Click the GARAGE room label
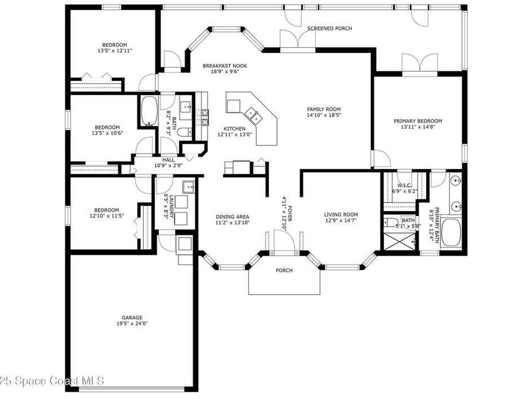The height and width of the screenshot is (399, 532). [x=132, y=317]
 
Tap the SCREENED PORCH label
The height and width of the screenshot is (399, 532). [x=329, y=29]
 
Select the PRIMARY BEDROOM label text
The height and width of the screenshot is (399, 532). [x=418, y=121]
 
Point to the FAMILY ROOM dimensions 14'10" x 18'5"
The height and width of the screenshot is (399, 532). [x=324, y=115]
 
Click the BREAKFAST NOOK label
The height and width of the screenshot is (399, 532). [x=225, y=66]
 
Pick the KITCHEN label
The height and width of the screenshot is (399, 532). [x=234, y=129]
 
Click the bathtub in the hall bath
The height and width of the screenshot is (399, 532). [x=149, y=111]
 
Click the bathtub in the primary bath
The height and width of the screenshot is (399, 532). [x=450, y=233]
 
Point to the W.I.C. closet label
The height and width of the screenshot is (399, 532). [x=404, y=185]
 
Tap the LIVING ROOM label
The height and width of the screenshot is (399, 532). [x=341, y=215]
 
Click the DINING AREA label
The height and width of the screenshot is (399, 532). [x=232, y=217]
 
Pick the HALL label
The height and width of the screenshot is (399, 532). [x=168, y=160]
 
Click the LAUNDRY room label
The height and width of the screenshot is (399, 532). [x=171, y=206]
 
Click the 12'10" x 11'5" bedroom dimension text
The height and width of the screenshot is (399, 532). [x=107, y=216]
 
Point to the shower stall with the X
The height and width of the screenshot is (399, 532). [x=400, y=241]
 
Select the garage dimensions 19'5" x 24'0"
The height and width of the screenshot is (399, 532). [x=132, y=323]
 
